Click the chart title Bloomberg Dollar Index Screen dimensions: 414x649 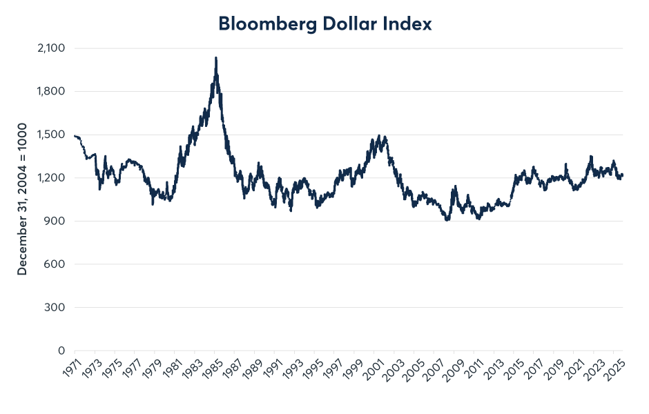[324, 23]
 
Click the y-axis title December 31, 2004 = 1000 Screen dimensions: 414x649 [23, 199]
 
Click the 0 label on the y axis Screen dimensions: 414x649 [61, 351]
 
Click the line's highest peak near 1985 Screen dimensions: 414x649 [216, 58]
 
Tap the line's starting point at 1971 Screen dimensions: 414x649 [75, 136]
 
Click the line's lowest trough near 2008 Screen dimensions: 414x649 [447, 219]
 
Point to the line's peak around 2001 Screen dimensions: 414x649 [379, 136]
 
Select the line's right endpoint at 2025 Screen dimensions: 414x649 [622, 175]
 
